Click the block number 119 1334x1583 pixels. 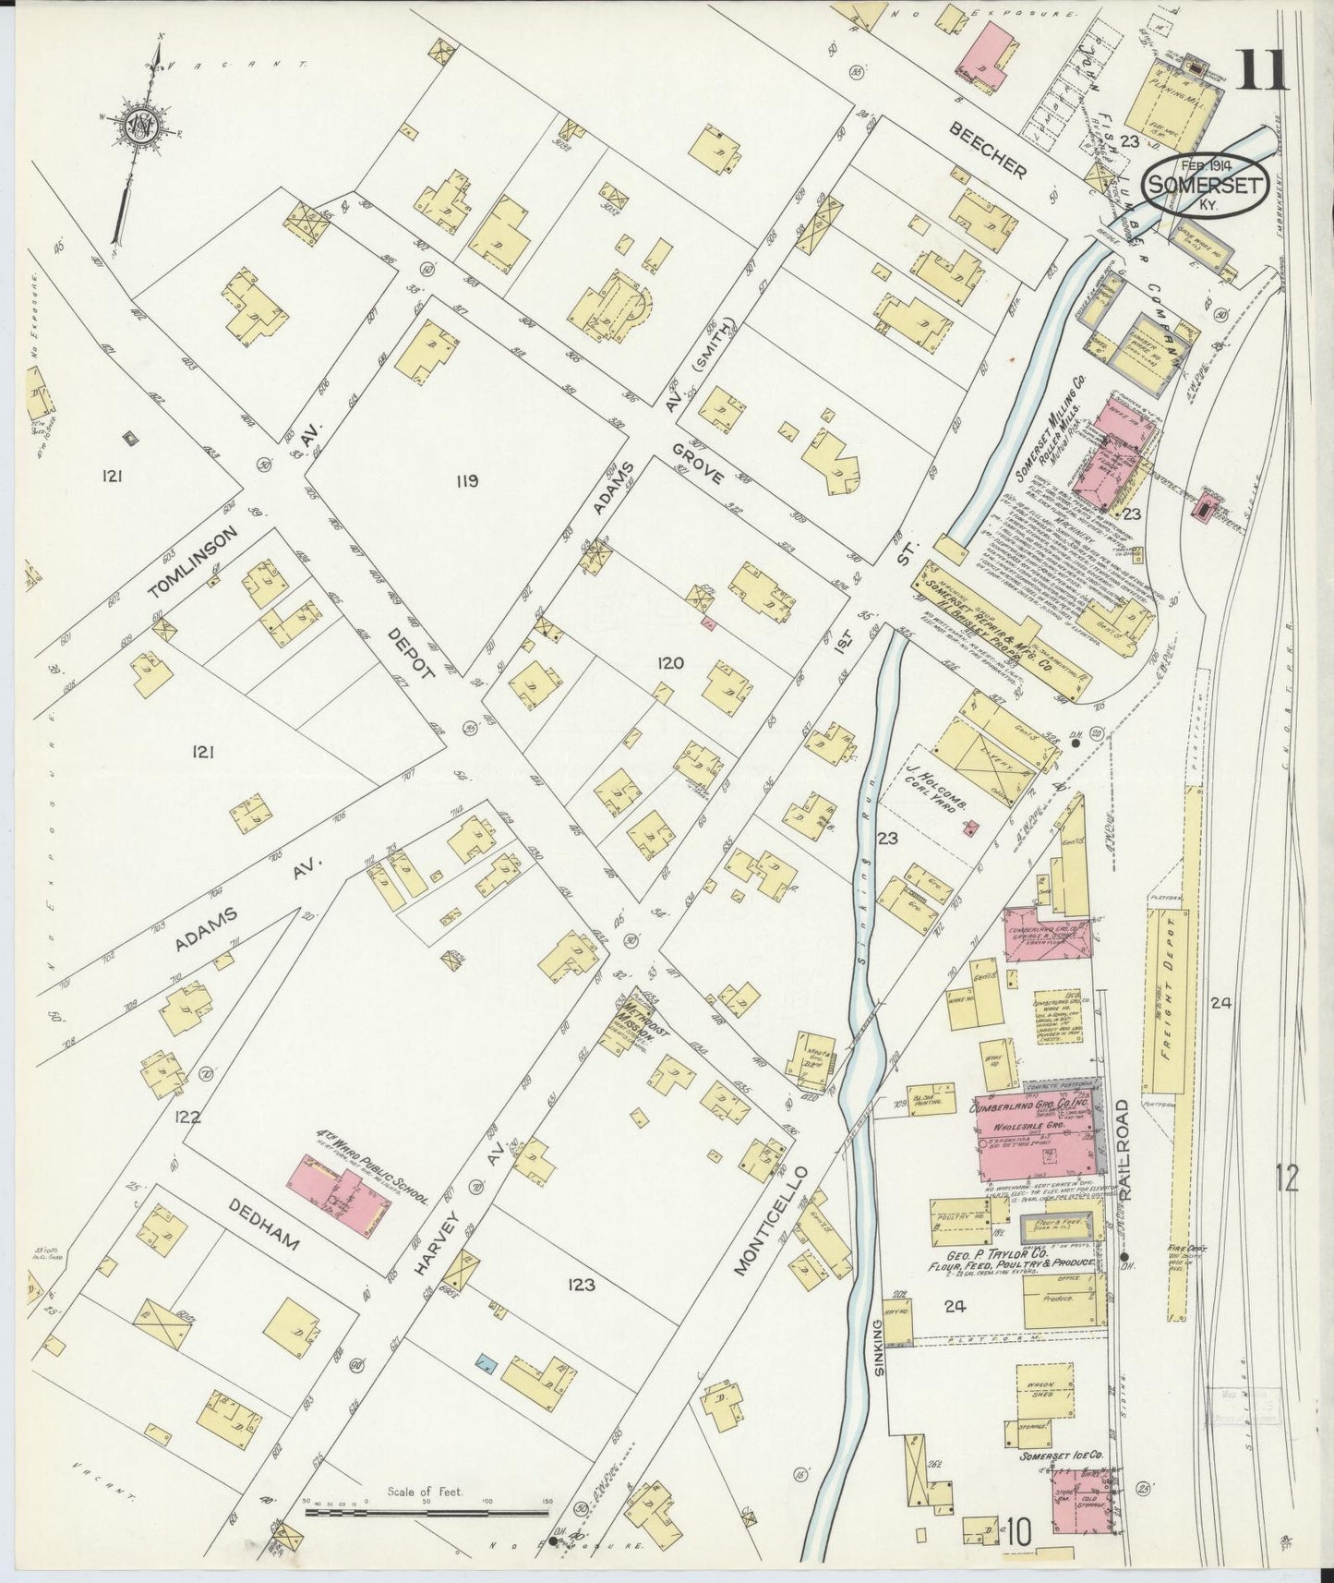tap(466, 480)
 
